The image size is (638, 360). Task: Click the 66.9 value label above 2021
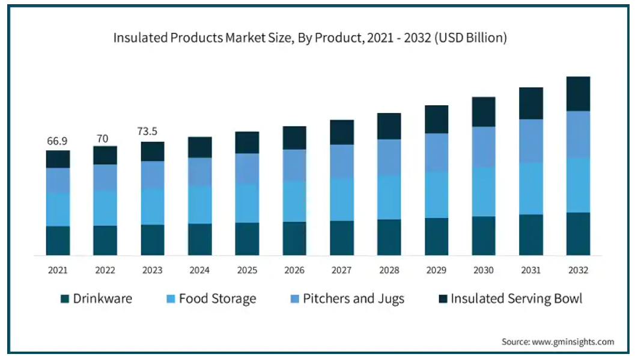click(58, 141)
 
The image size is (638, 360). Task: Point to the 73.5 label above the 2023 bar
click(153, 132)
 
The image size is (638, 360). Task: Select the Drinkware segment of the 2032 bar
click(578, 234)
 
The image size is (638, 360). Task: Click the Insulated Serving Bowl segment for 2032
click(578, 94)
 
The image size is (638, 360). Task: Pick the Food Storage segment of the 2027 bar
click(342, 200)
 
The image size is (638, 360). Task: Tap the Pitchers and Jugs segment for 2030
click(484, 147)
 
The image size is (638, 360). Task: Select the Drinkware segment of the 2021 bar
click(58, 240)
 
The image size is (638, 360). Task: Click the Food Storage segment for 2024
click(200, 204)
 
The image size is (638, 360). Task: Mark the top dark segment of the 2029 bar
click(437, 119)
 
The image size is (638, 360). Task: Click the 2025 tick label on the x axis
click(247, 270)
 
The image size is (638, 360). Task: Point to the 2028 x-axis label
click(389, 270)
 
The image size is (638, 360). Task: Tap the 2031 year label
click(531, 270)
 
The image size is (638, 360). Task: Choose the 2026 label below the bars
click(294, 270)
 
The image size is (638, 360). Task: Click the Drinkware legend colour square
click(65, 299)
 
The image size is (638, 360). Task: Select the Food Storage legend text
click(217, 299)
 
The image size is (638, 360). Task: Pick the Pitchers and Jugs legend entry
click(353, 299)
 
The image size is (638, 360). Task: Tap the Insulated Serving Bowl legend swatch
click(442, 299)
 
